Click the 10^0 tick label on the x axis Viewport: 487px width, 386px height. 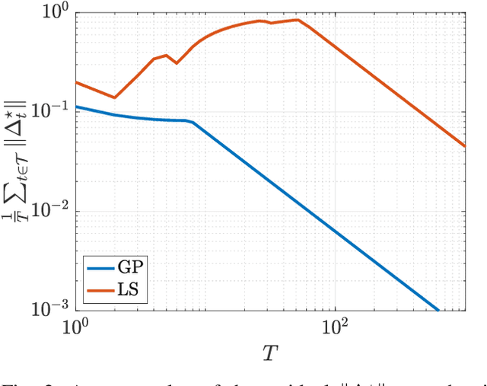click(x=76, y=328)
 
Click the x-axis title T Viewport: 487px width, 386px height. click(x=269, y=353)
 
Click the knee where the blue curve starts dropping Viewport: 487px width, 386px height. click(x=192, y=122)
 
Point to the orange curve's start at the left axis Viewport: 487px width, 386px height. click(x=76, y=82)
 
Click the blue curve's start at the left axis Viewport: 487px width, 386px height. click(x=76, y=107)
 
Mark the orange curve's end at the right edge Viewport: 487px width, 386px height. click(x=464, y=146)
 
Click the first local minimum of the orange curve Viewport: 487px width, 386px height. click(x=114, y=97)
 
